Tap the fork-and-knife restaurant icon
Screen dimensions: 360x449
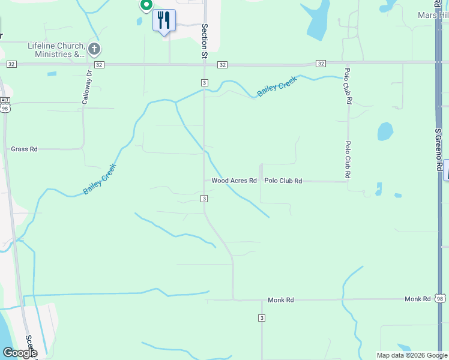[x=164, y=20]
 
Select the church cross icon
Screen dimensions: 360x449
[x=94, y=49]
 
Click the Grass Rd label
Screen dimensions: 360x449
[x=24, y=149]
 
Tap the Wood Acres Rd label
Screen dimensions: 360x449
[x=234, y=181]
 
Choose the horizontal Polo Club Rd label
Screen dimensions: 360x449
[x=283, y=181]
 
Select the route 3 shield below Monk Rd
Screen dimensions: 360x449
[x=262, y=317]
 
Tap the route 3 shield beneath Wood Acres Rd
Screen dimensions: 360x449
[x=204, y=198]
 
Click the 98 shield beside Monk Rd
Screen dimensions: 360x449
[x=441, y=299]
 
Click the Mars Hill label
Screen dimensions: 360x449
[x=433, y=16]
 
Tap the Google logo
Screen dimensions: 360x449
[x=19, y=353]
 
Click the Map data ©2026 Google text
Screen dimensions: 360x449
[x=411, y=355]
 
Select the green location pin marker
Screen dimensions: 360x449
[x=146, y=5]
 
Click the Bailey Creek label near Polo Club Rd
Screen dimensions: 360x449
[x=277, y=87]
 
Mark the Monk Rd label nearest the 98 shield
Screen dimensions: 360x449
[x=417, y=299]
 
